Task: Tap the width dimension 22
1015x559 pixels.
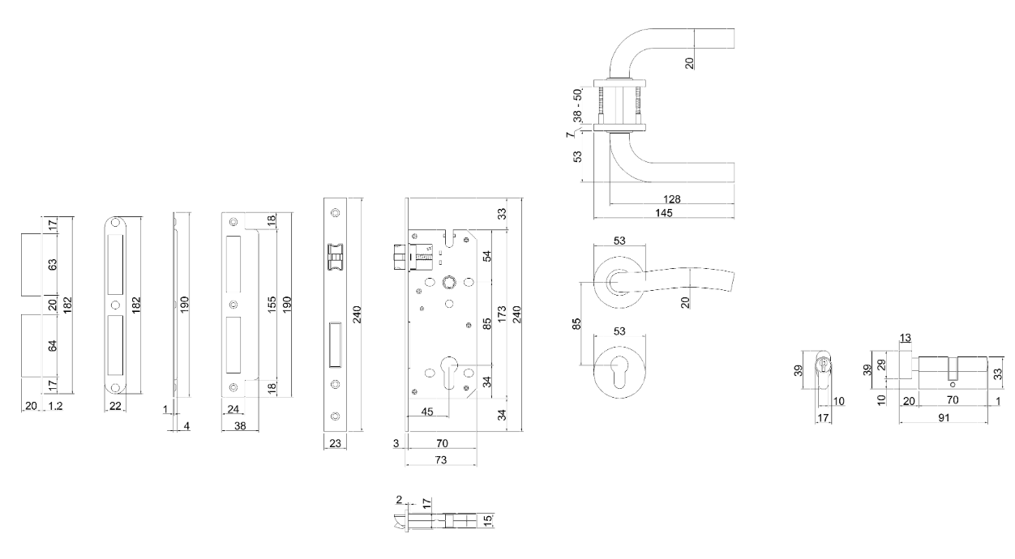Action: click(x=115, y=406)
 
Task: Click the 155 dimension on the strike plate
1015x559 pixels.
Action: click(x=272, y=303)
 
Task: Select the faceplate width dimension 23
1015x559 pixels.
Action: click(x=334, y=443)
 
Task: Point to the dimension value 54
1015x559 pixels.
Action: click(x=486, y=257)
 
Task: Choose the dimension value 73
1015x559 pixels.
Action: click(x=441, y=460)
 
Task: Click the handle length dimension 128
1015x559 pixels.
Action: click(x=671, y=198)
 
